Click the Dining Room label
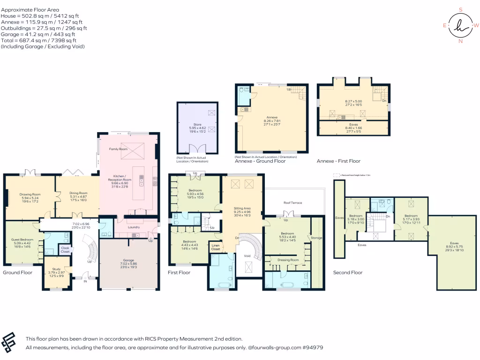click(78, 193)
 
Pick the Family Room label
click(119, 149)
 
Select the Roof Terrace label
click(293, 203)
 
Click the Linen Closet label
click(216, 247)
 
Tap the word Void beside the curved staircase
click(247, 256)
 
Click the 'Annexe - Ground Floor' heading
click(260, 161)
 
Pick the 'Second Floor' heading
click(347, 272)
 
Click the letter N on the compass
click(460, 41)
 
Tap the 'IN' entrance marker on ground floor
click(85, 282)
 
